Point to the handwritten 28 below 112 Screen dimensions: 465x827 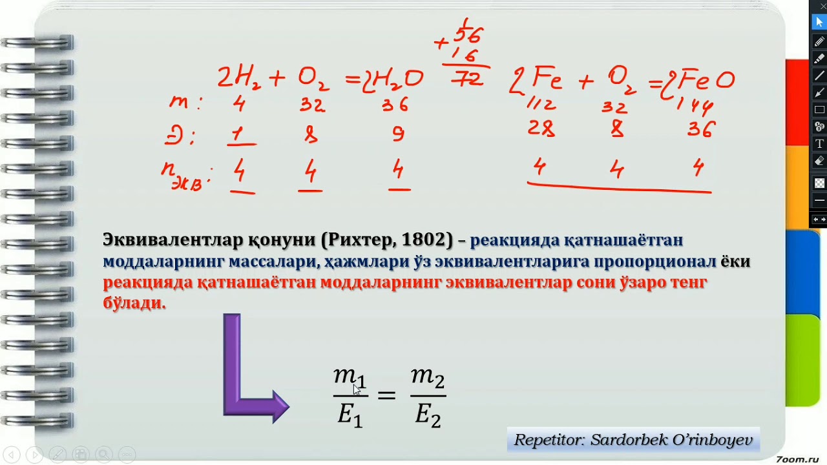pos(541,129)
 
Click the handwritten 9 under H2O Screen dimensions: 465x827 pos(398,134)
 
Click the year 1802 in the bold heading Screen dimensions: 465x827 pos(423,240)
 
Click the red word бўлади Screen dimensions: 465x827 pos(134,303)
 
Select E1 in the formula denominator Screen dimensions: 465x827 pos(350,415)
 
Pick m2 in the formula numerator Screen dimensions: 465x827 pos(428,377)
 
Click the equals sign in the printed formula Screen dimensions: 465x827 pos(386,394)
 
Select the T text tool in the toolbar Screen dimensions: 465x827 pos(819,143)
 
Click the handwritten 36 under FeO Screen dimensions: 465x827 pos(700,130)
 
